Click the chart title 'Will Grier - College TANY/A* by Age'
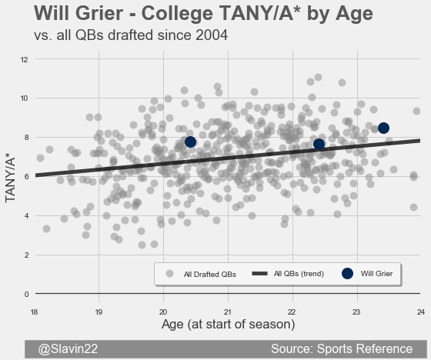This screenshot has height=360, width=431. (x=203, y=13)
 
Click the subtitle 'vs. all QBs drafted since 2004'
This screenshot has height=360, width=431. (x=131, y=35)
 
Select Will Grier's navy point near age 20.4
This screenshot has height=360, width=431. (x=190, y=142)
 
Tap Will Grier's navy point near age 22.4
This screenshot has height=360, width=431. (x=319, y=144)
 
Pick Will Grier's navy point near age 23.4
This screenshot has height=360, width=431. (x=383, y=128)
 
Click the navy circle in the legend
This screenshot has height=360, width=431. (x=347, y=273)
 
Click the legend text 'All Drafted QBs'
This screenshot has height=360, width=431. (x=209, y=275)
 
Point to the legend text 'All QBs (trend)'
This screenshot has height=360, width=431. (x=299, y=274)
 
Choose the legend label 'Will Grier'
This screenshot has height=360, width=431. (x=376, y=273)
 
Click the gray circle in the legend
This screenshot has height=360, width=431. (x=170, y=273)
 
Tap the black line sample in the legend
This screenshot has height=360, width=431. (x=260, y=273)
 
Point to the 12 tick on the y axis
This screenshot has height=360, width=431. (x=25, y=60)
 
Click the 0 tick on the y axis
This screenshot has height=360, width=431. (x=26, y=295)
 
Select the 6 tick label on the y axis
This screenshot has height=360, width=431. (x=26, y=177)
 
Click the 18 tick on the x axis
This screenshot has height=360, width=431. (x=34, y=312)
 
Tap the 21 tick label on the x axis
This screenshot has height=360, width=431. (x=227, y=312)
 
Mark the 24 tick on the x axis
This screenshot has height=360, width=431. (x=421, y=312)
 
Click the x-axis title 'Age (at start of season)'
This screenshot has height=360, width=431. (x=228, y=325)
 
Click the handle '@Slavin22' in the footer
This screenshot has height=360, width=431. (x=68, y=348)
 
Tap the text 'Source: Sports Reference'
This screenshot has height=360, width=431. (x=342, y=348)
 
